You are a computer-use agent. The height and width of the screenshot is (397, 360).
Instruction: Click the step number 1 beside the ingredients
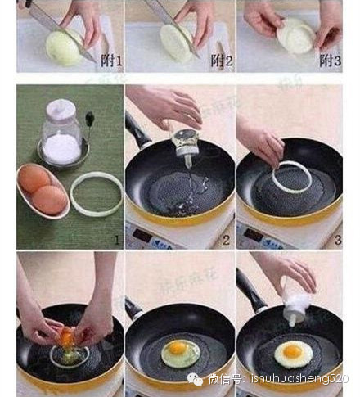pyautogui.click(x=115, y=239)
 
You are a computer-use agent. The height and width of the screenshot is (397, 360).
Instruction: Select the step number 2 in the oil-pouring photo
pyautogui.click(x=226, y=239)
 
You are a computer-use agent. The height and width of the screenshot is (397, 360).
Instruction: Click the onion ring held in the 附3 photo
pyautogui.click(x=295, y=37)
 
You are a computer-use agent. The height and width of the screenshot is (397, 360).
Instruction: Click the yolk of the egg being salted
pyautogui.click(x=290, y=352)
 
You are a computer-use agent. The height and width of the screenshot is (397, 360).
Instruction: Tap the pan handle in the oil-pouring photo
pyautogui.click(x=139, y=136)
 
